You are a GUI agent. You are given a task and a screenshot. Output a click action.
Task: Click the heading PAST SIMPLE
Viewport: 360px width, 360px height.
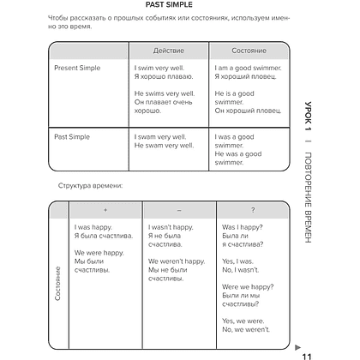pyautogui.click(x=169, y=4)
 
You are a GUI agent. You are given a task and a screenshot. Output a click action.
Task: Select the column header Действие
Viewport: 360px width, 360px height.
pyautogui.click(x=169, y=51)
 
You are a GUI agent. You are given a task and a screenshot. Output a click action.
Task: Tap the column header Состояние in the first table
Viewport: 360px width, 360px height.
pyautogui.click(x=249, y=51)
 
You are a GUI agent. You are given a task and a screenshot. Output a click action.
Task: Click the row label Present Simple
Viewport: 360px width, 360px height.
pyautogui.click(x=77, y=68)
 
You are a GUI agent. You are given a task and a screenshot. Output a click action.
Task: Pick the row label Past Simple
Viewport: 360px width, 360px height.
pyautogui.click(x=72, y=137)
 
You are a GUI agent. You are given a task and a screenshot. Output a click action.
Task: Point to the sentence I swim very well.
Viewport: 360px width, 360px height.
pyautogui.click(x=159, y=68)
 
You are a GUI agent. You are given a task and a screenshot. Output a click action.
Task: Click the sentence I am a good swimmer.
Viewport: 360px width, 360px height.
pyautogui.click(x=248, y=68)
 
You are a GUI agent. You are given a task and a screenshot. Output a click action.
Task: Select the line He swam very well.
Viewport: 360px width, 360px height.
pyautogui.click(x=164, y=146)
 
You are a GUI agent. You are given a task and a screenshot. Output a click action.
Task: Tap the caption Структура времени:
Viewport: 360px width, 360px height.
pyautogui.click(x=90, y=186)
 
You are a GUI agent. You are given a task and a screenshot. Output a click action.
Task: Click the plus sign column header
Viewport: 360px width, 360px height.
pyautogui.click(x=105, y=210)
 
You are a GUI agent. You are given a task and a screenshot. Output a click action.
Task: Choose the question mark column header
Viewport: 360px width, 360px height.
pyautogui.click(x=253, y=210)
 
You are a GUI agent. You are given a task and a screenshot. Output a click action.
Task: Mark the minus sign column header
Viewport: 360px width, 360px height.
pyautogui.click(x=179, y=210)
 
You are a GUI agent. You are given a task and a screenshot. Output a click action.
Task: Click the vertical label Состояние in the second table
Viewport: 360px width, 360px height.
pyautogui.click(x=57, y=284)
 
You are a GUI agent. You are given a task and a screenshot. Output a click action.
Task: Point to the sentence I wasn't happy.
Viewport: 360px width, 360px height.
pyautogui.click(x=171, y=227)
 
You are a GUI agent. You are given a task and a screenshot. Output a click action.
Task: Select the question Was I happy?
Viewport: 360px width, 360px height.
pyautogui.click(x=243, y=227)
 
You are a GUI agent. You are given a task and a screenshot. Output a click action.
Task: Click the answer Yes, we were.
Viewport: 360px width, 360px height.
pyautogui.click(x=243, y=321)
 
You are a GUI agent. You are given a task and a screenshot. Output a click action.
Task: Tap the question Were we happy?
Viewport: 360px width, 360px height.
pyautogui.click(x=248, y=287)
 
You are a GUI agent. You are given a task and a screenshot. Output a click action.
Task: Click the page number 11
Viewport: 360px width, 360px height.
pyautogui.click(x=307, y=357)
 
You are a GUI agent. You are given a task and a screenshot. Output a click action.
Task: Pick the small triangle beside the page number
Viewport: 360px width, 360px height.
pyautogui.click(x=297, y=347)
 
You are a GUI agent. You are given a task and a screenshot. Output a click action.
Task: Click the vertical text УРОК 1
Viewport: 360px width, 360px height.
pyautogui.click(x=308, y=116)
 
